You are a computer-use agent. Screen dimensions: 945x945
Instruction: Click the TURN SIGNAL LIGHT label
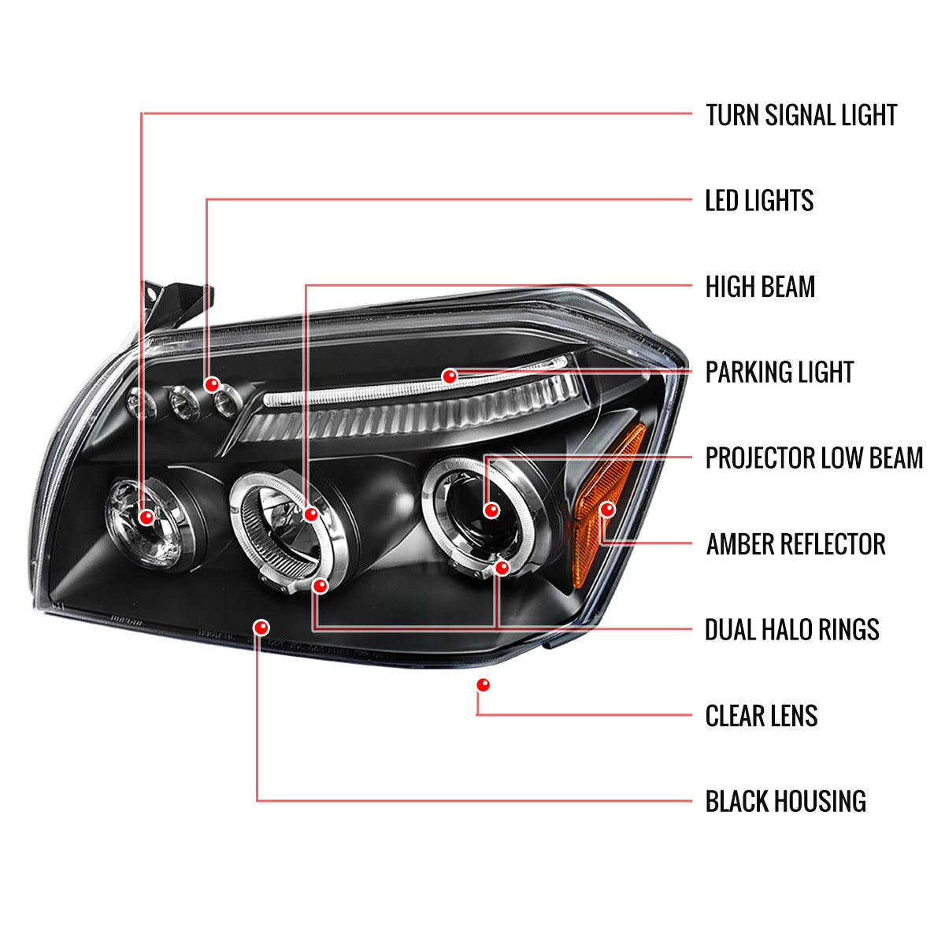(801, 115)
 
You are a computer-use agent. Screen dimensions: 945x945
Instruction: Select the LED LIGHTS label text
(759, 201)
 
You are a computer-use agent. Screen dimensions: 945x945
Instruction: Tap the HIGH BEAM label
(760, 287)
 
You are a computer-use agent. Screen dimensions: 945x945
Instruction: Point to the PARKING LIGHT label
(779, 372)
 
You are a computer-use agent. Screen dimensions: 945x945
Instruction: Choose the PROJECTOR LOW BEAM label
(813, 458)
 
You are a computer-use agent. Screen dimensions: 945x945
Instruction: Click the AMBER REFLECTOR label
(795, 543)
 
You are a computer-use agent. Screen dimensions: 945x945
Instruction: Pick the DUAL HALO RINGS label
(791, 629)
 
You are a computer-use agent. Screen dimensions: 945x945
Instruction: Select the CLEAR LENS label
(761, 716)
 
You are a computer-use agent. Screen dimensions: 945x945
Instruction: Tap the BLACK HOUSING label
(785, 801)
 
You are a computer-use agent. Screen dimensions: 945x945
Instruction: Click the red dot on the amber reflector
(606, 510)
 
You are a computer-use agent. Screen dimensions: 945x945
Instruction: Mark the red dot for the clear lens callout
(483, 685)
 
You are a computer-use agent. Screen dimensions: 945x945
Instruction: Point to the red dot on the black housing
(261, 628)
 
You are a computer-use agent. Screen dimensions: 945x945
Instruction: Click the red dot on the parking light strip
(450, 376)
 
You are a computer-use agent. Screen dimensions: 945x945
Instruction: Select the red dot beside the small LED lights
(211, 384)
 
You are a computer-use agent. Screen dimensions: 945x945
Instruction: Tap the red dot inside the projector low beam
(492, 510)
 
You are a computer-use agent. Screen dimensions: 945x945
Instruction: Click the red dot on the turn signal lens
(146, 517)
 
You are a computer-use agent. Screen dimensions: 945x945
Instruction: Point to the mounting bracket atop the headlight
(177, 303)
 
